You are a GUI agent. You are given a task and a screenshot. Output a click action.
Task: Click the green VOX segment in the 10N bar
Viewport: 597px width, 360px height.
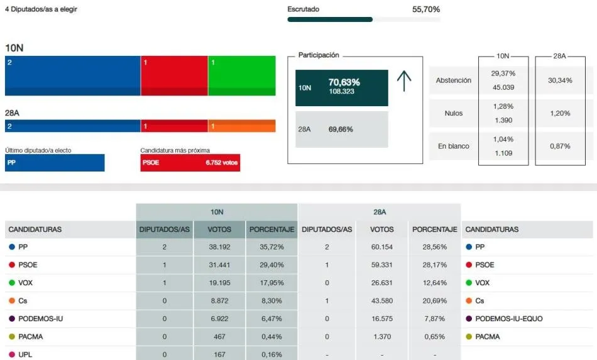pyautogui.click(x=241, y=75)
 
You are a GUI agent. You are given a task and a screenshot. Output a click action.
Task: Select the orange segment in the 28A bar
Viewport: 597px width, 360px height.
pyautogui.click(x=241, y=126)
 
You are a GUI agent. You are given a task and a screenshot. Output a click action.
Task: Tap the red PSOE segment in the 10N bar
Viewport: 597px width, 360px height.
pyautogui.click(x=174, y=75)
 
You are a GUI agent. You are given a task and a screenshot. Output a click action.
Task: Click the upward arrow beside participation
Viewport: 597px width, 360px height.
pyautogui.click(x=404, y=81)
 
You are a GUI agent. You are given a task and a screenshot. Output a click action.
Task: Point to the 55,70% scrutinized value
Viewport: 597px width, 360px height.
pyautogui.click(x=425, y=9)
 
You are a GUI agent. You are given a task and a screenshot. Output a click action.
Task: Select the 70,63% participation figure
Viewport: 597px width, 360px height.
pyautogui.click(x=344, y=82)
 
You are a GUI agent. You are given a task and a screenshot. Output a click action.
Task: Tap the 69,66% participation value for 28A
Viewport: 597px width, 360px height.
pyautogui.click(x=340, y=129)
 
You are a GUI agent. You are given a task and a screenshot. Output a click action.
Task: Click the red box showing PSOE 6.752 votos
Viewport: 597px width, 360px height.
pyautogui.click(x=190, y=163)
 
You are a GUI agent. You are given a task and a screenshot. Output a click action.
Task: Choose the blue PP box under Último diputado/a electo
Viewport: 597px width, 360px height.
pyautogui.click(x=55, y=163)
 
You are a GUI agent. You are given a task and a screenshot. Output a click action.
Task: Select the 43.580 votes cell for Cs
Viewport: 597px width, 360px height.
pyautogui.click(x=382, y=301)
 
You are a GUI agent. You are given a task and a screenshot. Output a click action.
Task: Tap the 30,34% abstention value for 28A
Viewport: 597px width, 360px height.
pyautogui.click(x=560, y=80)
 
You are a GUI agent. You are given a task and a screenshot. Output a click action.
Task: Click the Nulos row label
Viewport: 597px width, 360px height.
pyautogui.click(x=453, y=113)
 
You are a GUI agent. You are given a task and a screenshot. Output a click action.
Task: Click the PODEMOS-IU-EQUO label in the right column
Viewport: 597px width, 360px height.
pyautogui.click(x=508, y=319)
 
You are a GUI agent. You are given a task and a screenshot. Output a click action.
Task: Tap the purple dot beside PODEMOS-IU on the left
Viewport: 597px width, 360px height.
pyautogui.click(x=11, y=319)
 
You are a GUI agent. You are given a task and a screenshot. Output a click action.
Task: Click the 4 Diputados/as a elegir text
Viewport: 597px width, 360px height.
pyautogui.click(x=41, y=10)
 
